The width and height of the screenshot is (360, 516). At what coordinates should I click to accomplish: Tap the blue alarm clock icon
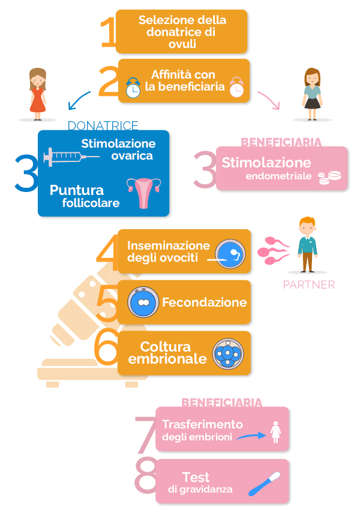coord(133,88)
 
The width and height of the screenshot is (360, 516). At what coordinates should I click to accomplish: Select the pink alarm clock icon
coord(236,88)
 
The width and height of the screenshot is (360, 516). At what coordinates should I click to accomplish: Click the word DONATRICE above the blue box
coord(103,125)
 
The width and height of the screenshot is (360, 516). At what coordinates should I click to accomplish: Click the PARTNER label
coord(309,284)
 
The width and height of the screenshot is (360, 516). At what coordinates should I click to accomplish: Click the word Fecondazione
coord(204,302)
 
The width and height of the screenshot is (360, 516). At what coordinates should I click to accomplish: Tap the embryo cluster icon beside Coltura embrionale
coord(227,353)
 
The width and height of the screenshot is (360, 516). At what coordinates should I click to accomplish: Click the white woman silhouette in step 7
coord(276,432)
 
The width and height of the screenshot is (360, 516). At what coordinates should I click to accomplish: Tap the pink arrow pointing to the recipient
coord(269,101)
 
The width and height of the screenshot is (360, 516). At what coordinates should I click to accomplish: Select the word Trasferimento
coord(202,424)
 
